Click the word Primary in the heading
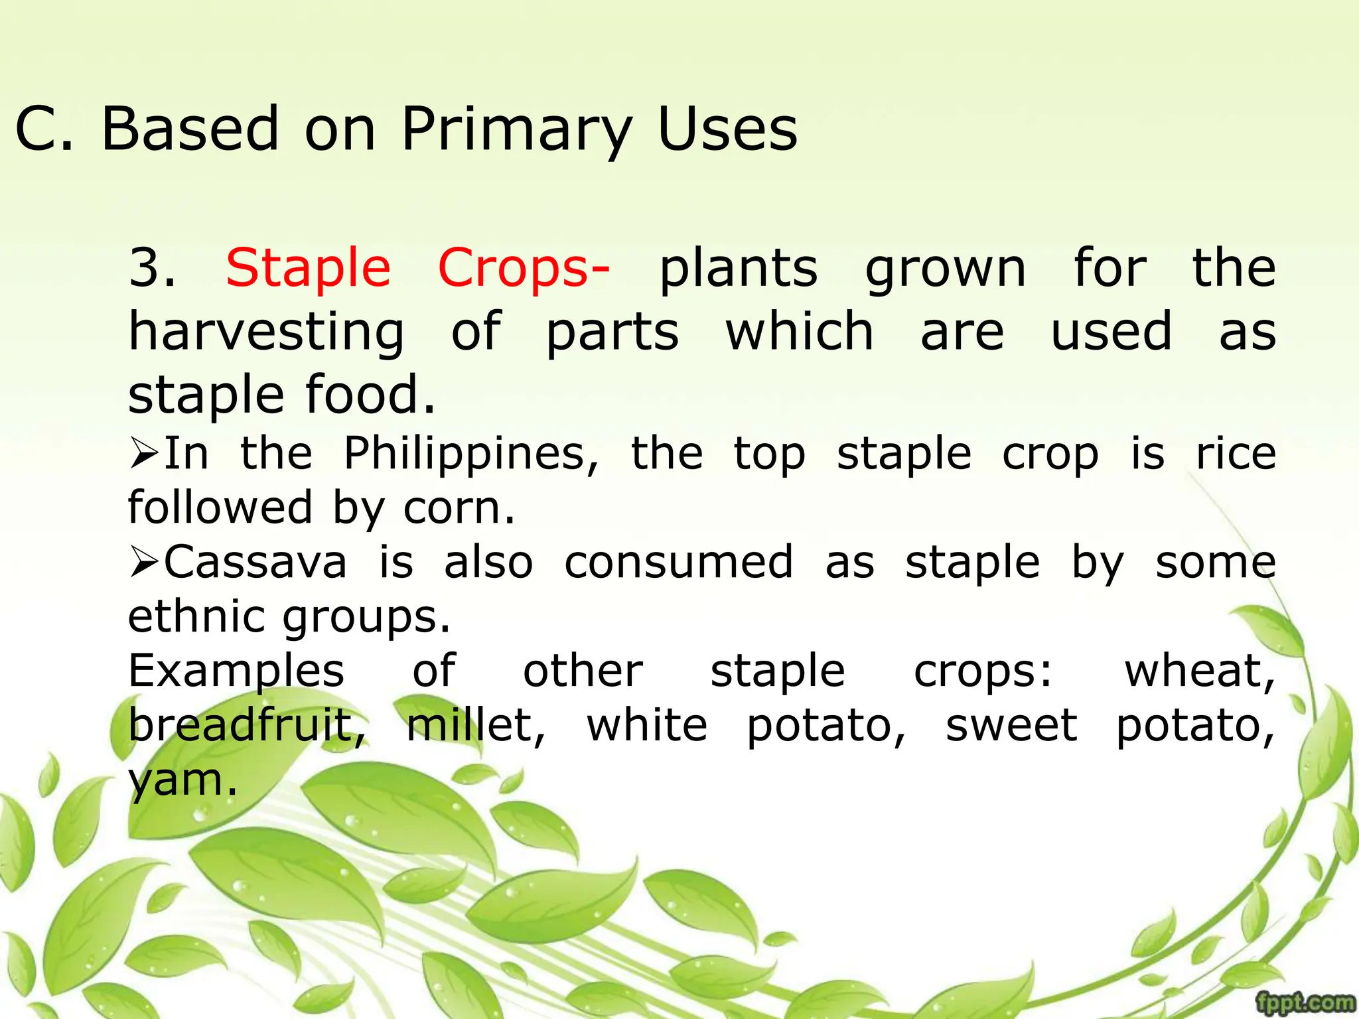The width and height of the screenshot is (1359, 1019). point(516,129)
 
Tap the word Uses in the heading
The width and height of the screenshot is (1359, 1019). point(727,129)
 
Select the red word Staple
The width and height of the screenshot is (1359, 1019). point(308,269)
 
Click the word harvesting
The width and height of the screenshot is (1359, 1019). point(266,332)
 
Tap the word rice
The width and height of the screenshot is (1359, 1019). point(1236,455)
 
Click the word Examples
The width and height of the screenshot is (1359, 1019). point(236,671)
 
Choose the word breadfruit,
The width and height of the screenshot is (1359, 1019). point(247,726)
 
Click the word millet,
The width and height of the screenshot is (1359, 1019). point(476,726)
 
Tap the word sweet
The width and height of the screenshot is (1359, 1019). point(1011,726)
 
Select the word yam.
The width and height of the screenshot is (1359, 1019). point(182,781)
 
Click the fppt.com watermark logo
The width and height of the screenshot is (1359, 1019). point(1305,1002)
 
